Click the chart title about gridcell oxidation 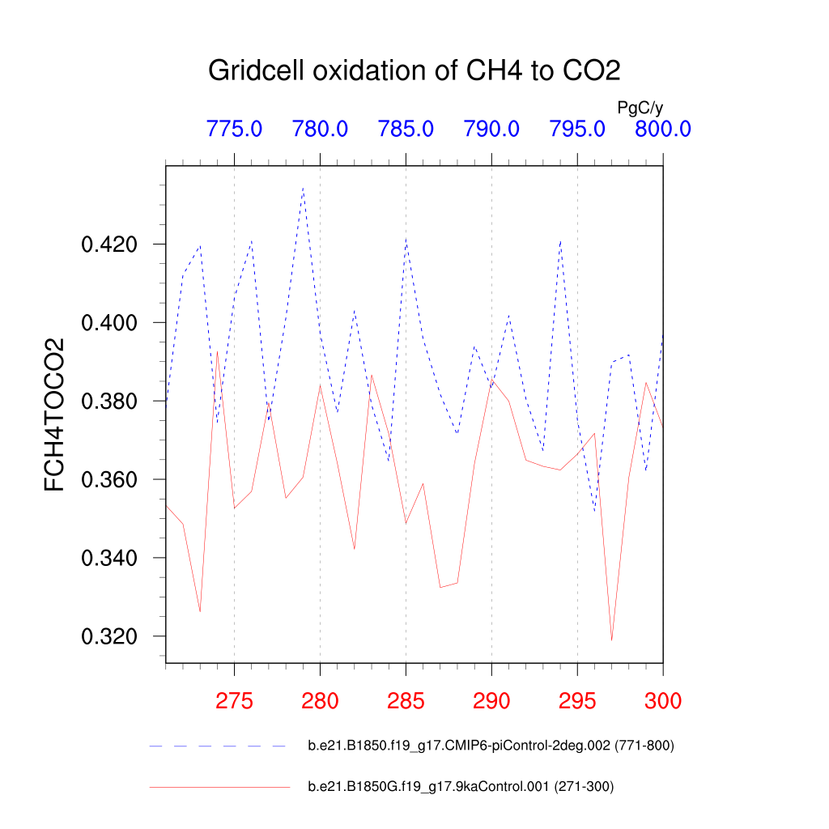pos(414,70)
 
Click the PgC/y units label pos(640,107)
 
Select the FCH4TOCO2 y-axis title pos(55,414)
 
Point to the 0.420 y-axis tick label pos(110,244)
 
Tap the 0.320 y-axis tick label pos(110,637)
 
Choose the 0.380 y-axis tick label pos(110,402)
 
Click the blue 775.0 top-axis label pos(234,129)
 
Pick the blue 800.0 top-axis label pos(662,129)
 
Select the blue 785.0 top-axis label pos(406,129)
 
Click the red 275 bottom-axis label pos(234,701)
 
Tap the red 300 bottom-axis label pos(663,701)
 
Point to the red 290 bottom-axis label pos(491,701)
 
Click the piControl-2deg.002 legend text pos(491,746)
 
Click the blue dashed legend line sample pos(219,746)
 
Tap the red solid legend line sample pos(219,787)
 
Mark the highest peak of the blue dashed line pos(303,187)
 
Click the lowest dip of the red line pos(611,640)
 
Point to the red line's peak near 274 pos(217,351)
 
